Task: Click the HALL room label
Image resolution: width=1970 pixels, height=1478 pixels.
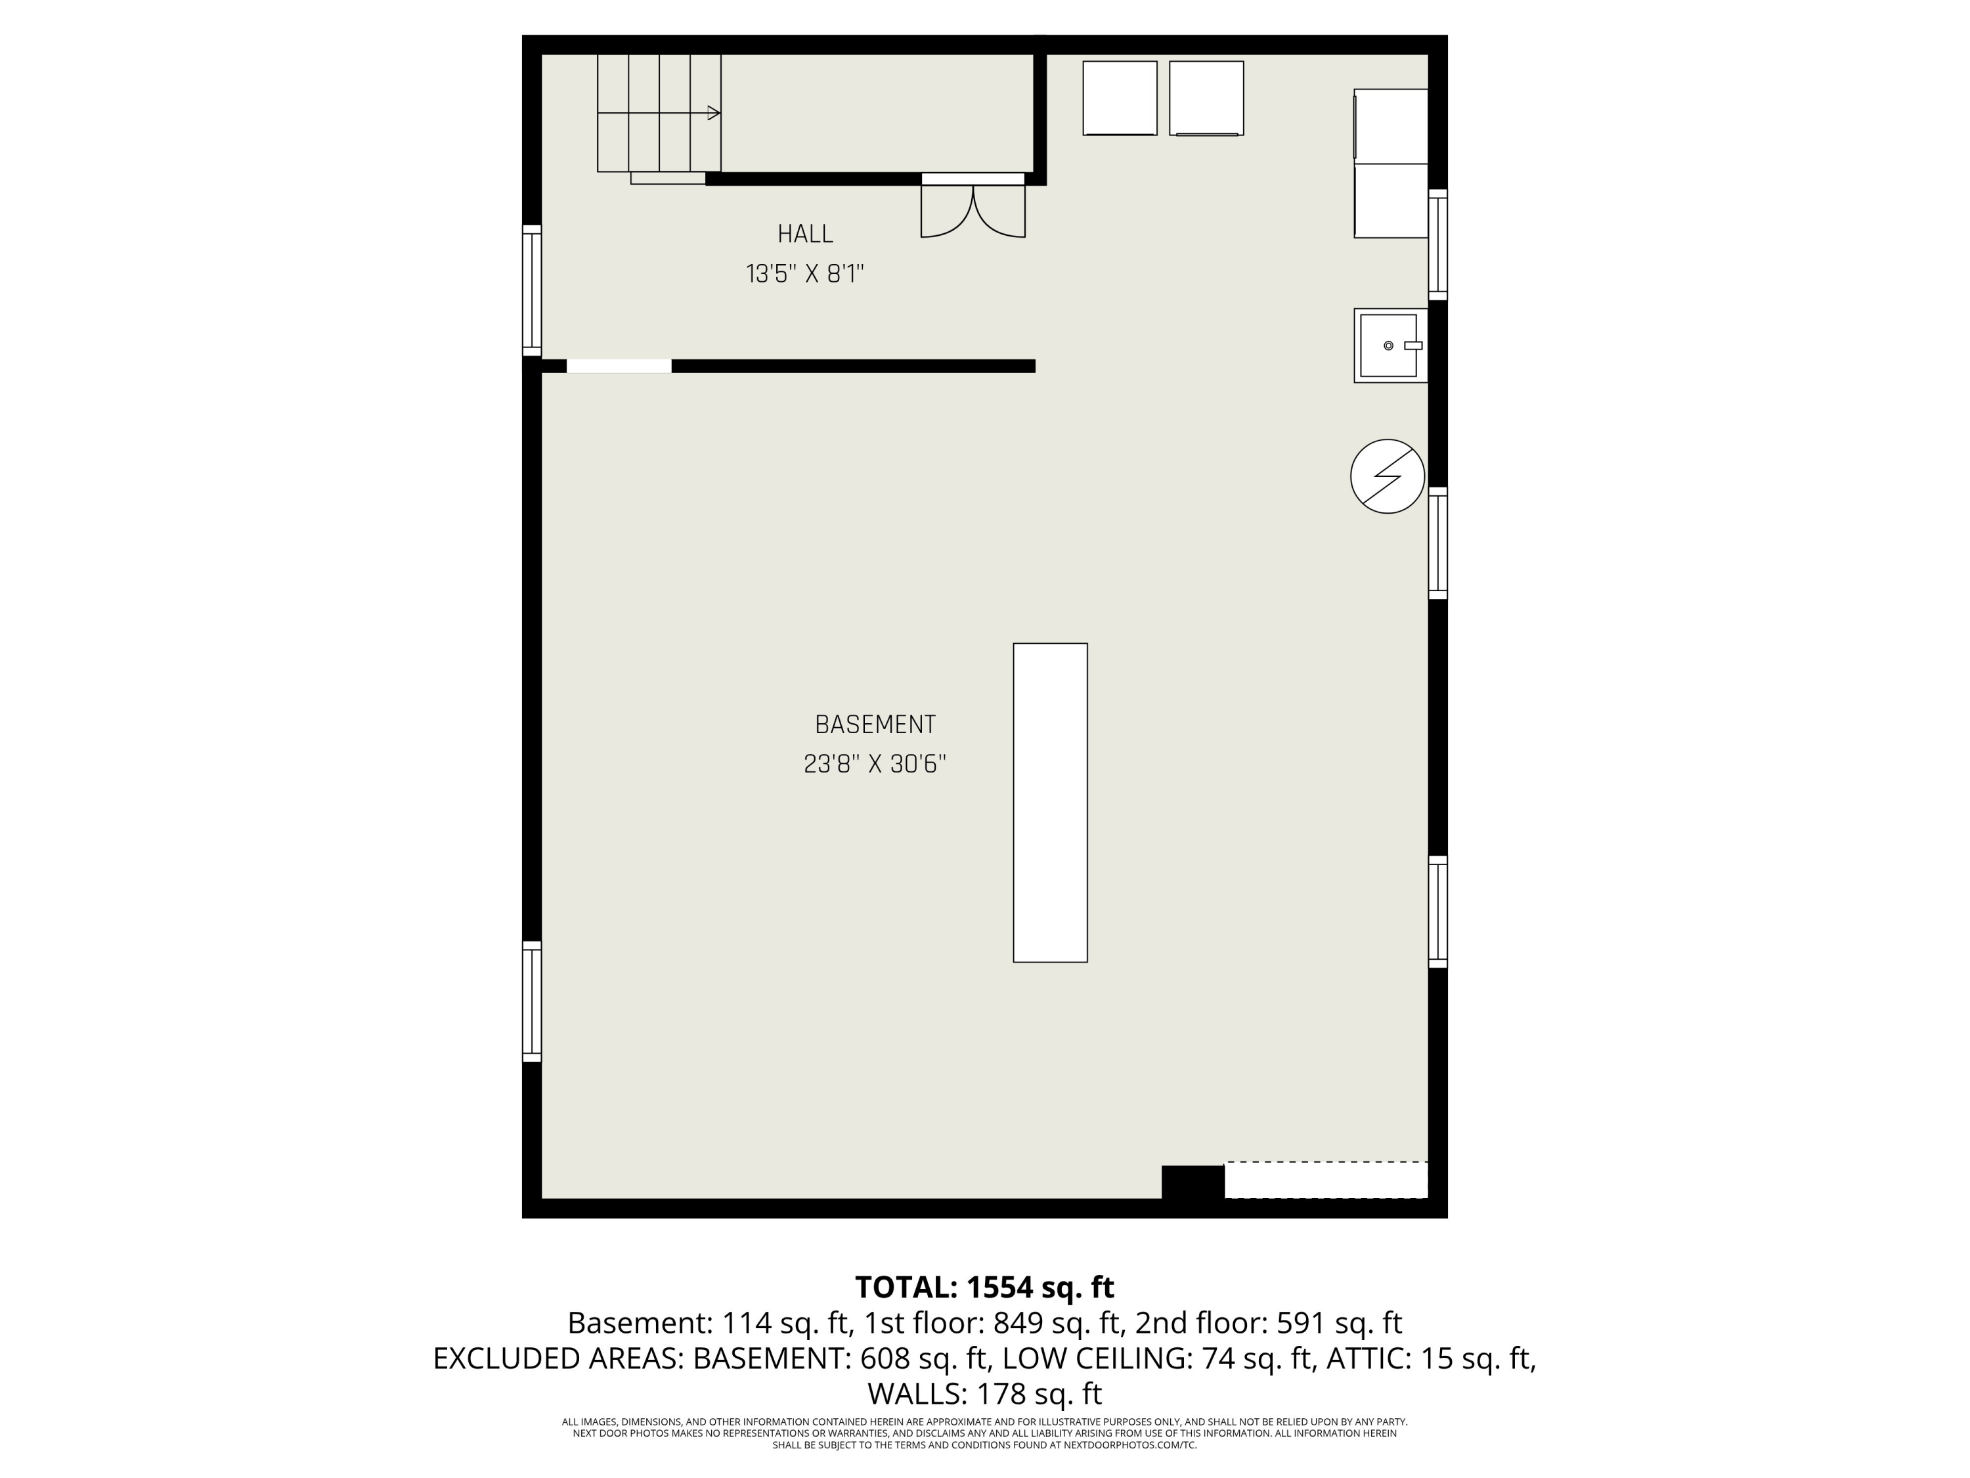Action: [x=805, y=235]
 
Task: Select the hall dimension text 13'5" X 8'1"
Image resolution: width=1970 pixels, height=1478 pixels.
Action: [x=805, y=273]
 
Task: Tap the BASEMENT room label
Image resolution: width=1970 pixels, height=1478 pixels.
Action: [x=875, y=725]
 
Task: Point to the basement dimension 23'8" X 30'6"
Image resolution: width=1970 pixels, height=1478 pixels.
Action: [x=875, y=765]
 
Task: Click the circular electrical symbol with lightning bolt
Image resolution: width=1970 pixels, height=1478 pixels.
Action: [x=1388, y=477]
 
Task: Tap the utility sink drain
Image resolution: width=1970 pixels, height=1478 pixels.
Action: [x=1388, y=346]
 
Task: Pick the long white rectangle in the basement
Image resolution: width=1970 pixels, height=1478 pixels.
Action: [x=1050, y=803]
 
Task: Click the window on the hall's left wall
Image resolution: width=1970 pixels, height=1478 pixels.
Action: [x=532, y=290]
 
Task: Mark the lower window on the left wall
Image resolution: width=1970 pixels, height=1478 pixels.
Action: [x=532, y=1001]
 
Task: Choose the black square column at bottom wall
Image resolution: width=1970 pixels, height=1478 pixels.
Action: [x=1193, y=1182]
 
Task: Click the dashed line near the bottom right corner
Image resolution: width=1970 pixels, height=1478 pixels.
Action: [x=1327, y=1162]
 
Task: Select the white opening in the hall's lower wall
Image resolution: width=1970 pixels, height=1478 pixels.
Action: [x=619, y=366]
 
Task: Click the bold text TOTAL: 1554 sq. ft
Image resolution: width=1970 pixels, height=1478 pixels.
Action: [x=985, y=1286]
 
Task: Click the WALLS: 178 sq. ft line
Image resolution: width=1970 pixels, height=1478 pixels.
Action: [x=985, y=1393]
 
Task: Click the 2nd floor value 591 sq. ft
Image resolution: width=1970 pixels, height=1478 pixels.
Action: [x=1340, y=1323]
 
